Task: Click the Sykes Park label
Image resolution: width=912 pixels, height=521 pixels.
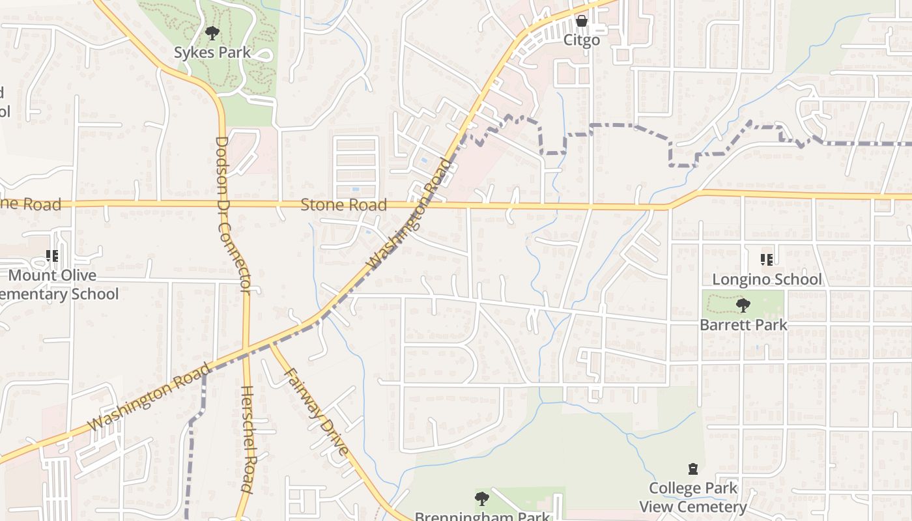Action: coord(212,52)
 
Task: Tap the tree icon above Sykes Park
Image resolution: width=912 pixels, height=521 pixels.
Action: coord(212,32)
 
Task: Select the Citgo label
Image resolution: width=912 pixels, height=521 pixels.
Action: coord(581,40)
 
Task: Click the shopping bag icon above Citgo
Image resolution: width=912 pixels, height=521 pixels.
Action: coord(582,21)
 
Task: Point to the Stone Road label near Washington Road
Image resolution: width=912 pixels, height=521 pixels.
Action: coord(343,205)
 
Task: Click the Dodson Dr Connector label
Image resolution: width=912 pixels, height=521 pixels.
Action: coord(232,215)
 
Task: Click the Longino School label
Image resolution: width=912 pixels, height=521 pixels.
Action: coord(767,279)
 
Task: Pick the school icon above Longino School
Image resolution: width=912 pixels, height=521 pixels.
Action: coord(767,260)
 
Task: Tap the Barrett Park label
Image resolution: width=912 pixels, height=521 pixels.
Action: coord(743,324)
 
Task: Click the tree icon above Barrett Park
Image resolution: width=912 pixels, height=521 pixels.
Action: coord(743,305)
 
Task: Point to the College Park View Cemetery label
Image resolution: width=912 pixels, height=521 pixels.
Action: coord(693,497)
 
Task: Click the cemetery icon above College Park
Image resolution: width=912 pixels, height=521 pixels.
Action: coord(693,469)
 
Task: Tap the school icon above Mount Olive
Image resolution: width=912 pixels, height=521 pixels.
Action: coord(52,256)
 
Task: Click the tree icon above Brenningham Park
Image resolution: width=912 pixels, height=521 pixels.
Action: coord(482,499)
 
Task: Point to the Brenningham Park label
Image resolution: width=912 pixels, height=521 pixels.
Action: coord(482,516)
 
